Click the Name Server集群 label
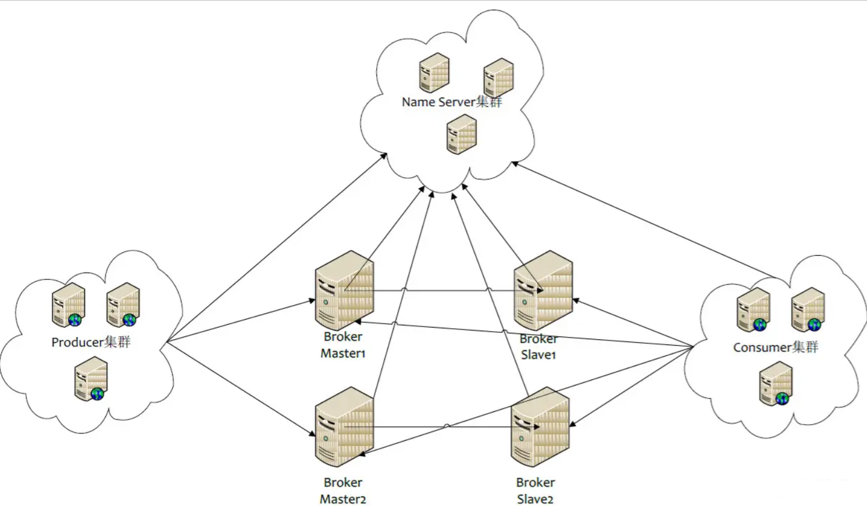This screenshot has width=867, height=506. (451, 102)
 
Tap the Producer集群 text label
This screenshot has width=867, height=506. (91, 342)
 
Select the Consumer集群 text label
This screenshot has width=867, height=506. (775, 347)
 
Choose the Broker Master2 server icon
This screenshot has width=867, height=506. (344, 427)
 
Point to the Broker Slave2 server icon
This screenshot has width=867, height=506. (540, 427)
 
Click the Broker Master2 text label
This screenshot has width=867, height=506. (343, 490)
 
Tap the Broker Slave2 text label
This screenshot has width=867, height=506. (535, 490)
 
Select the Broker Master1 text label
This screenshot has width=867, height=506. (343, 345)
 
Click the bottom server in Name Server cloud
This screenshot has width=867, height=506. (462, 134)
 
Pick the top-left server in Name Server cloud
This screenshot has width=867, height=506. (434, 73)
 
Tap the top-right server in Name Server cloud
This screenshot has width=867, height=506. (498, 77)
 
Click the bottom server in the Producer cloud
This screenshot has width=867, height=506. (91, 379)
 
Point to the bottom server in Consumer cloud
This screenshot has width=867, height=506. (776, 383)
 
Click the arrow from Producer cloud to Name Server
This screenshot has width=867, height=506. (276, 247)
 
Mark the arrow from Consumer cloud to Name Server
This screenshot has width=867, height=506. (645, 221)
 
